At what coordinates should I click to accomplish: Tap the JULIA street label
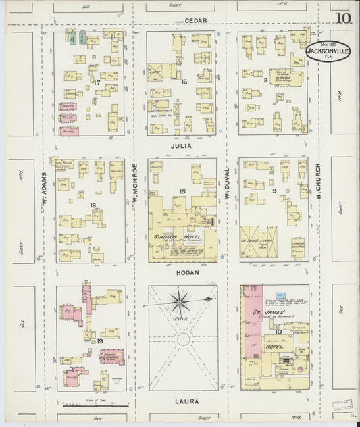tap(182, 145)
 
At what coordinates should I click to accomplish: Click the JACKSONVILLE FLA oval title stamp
tap(328, 51)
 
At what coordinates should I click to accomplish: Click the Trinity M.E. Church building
tap(112, 355)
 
